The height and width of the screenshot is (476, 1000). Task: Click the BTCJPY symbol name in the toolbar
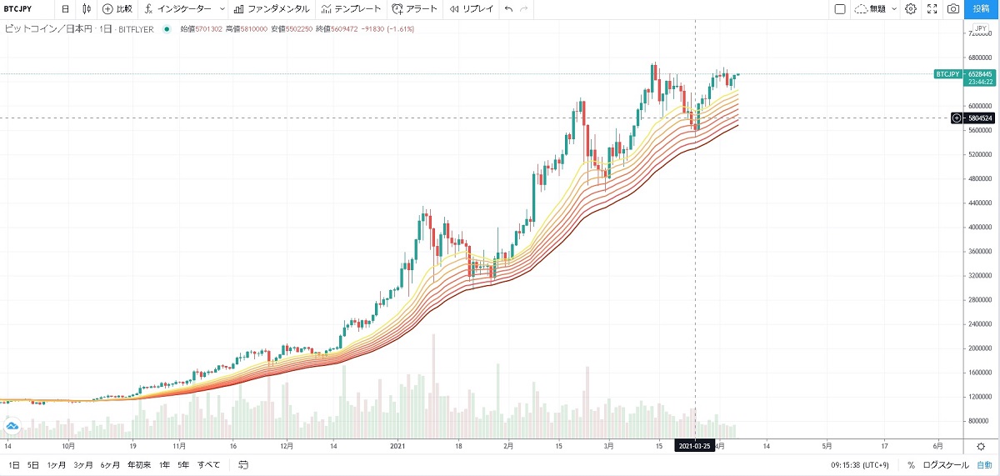point(18,9)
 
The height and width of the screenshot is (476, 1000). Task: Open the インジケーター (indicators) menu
point(184,9)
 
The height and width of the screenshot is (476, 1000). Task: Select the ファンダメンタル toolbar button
point(272,9)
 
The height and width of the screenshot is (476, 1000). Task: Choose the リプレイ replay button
point(472,9)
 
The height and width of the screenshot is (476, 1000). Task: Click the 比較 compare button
point(117,9)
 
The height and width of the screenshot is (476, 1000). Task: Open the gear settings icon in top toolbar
point(911,9)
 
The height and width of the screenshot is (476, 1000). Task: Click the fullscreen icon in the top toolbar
point(932,9)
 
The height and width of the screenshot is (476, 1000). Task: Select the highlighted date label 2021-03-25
point(695,447)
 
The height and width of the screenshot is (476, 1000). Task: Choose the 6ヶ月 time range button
point(110,465)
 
